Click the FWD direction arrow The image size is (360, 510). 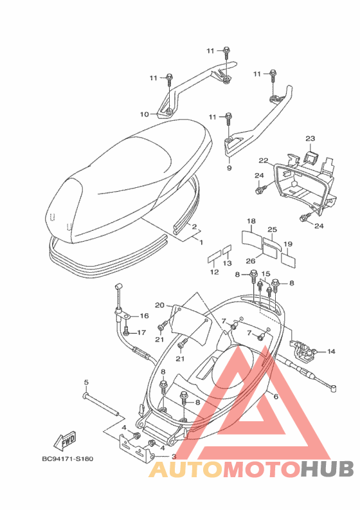click(x=65, y=441)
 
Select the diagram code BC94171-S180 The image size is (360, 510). click(x=67, y=459)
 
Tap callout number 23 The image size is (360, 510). click(x=310, y=138)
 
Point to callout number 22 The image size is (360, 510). click(x=264, y=160)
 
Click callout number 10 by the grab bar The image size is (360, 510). click(x=145, y=114)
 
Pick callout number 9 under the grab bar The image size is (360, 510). click(x=230, y=168)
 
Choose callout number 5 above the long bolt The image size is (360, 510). click(x=86, y=382)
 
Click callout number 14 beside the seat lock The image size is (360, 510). click(x=331, y=351)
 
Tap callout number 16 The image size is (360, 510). click(x=144, y=316)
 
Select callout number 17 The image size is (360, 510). click(x=141, y=332)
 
